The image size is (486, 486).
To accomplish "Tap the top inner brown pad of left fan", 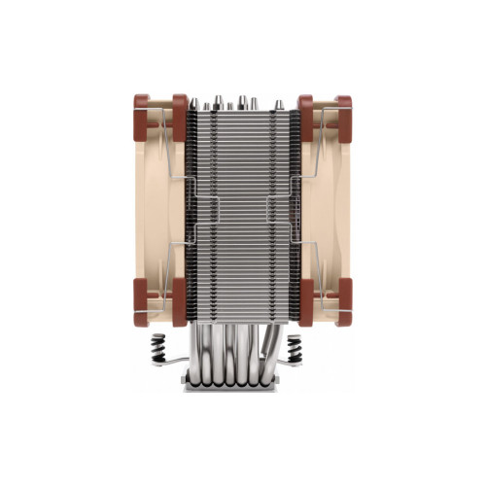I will (179, 109).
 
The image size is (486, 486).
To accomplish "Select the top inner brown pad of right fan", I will (305, 109).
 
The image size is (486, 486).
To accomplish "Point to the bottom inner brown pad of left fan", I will (179, 310).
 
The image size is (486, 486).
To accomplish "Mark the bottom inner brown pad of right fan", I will (305, 310).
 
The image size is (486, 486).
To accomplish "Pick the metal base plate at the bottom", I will (243, 385).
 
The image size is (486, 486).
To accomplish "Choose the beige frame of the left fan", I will (156, 209).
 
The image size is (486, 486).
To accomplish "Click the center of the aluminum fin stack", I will (242, 209).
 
